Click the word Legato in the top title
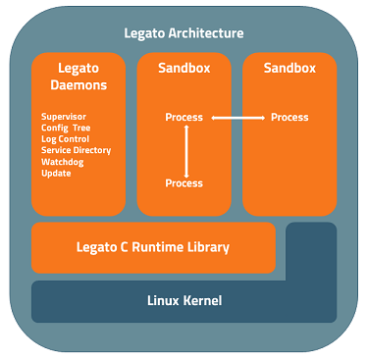pos(145,33)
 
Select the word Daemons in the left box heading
pos(78,85)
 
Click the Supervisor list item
pos(64,118)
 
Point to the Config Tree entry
pos(67,129)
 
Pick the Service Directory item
pos(77,150)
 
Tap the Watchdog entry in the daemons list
pos(62,162)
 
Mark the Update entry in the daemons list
pos(56,173)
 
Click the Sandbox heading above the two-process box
pos(183,69)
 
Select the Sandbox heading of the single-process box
pos(289,69)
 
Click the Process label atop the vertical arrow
pos(184,118)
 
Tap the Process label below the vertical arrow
pos(184,183)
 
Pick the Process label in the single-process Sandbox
pos(289,118)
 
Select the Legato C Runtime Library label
pos(153,247)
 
